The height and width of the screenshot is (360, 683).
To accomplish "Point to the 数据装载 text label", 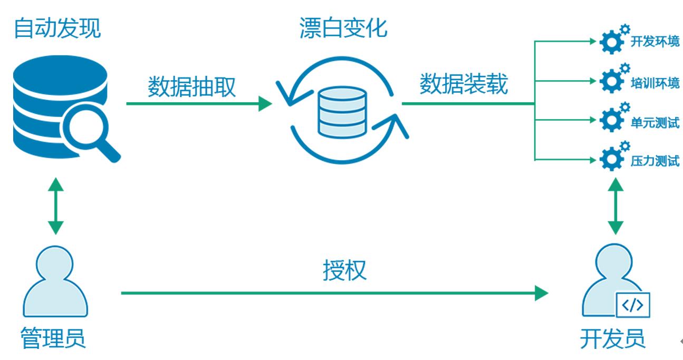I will [x=464, y=84].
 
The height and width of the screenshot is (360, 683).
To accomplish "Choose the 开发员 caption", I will [x=612, y=338].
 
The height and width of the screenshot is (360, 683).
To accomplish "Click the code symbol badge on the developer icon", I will [x=633, y=306].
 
